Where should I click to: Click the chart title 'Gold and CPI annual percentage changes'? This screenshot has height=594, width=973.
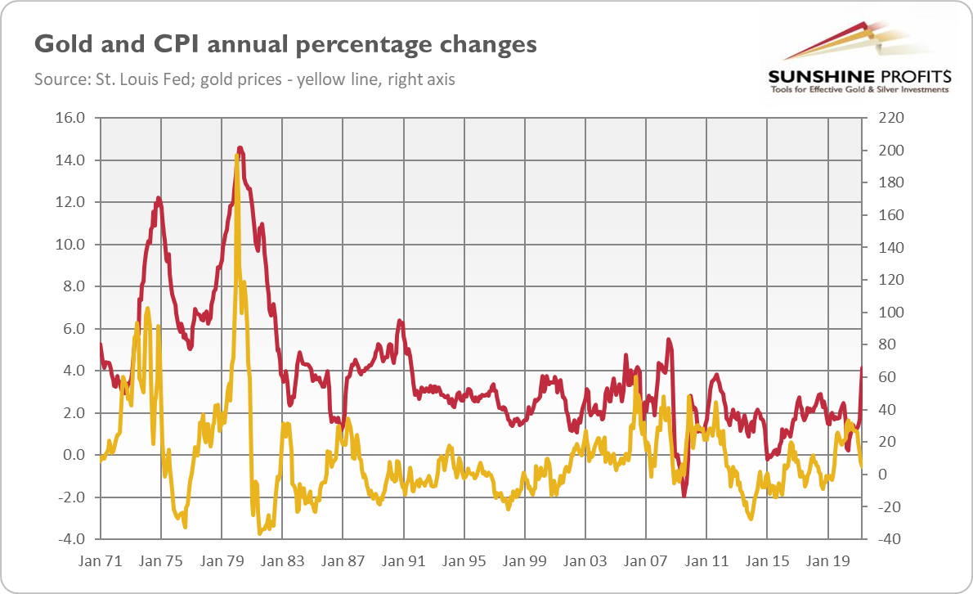pyautogui.click(x=285, y=43)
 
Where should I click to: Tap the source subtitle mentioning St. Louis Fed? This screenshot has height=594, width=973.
pyautogui.click(x=244, y=80)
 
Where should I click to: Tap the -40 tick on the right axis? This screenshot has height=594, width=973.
pyautogui.click(x=890, y=540)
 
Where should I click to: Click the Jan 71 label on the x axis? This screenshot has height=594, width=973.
pyautogui.click(x=101, y=562)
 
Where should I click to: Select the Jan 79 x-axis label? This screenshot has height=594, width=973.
pyautogui.click(x=222, y=562)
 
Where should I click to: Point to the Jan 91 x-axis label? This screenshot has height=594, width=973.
pyautogui.click(x=403, y=562)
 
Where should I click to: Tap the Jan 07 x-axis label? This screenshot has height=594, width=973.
pyautogui.click(x=645, y=562)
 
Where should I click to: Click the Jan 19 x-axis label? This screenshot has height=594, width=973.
pyautogui.click(x=827, y=562)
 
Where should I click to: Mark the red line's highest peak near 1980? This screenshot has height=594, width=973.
pyautogui.click(x=240, y=148)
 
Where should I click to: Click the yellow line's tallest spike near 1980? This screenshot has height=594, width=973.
pyautogui.click(x=236, y=155)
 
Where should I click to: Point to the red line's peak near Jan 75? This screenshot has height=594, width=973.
pyautogui.click(x=158, y=198)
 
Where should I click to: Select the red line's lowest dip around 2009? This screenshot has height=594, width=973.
pyautogui.click(x=684, y=494)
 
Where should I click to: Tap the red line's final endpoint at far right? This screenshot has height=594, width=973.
pyautogui.click(x=862, y=369)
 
